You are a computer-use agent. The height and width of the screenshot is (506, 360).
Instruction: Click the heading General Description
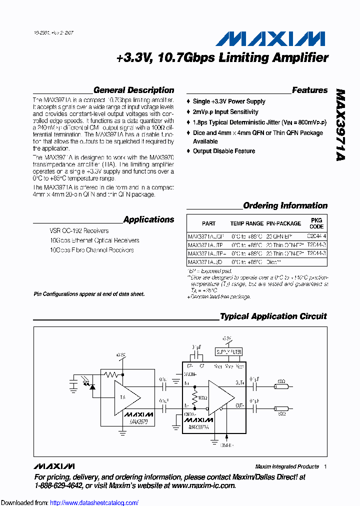[x=133, y=90]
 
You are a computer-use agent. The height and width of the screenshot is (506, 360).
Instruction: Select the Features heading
[x=309, y=90]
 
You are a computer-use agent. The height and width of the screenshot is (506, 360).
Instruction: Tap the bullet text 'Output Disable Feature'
[x=224, y=151]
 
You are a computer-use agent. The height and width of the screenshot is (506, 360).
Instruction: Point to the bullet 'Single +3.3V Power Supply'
[x=229, y=101]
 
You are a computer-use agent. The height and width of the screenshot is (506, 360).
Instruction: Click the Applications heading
[x=148, y=219]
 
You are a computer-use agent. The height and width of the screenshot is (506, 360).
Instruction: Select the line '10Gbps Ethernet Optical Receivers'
[x=94, y=240]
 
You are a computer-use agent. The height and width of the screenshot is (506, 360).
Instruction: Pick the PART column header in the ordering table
[x=209, y=223]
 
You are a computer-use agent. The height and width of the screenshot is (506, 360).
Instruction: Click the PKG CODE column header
[x=316, y=223]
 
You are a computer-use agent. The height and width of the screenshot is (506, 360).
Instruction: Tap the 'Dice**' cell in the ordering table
[x=274, y=262]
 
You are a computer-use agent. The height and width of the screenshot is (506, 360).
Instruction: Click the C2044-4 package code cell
[x=316, y=235]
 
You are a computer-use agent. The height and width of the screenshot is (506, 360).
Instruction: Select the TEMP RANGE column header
[x=246, y=223]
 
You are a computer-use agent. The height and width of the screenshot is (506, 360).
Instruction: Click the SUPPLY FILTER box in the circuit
[x=228, y=352]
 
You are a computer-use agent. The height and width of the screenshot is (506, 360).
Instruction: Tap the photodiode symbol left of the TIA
[x=92, y=386]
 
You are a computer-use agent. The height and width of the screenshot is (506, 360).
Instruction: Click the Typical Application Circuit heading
[x=273, y=316]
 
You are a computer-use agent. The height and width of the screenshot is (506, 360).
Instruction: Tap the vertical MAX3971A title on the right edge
[x=340, y=125]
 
